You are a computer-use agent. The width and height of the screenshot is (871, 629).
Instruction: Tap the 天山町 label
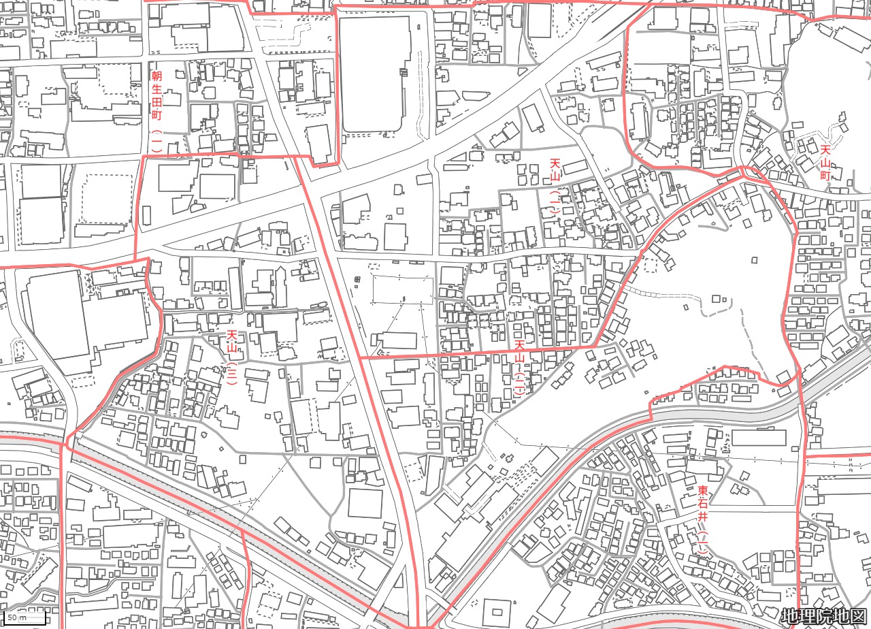[x=825, y=163]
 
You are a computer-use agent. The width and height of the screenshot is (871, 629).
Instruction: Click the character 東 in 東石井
[x=703, y=491]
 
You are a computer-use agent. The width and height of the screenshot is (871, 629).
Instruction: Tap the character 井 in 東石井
[x=703, y=517]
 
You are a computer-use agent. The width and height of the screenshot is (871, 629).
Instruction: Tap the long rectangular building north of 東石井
[x=759, y=438]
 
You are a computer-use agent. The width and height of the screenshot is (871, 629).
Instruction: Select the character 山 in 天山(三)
[x=232, y=349]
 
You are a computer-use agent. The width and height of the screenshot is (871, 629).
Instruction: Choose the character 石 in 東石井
[x=703, y=504]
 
